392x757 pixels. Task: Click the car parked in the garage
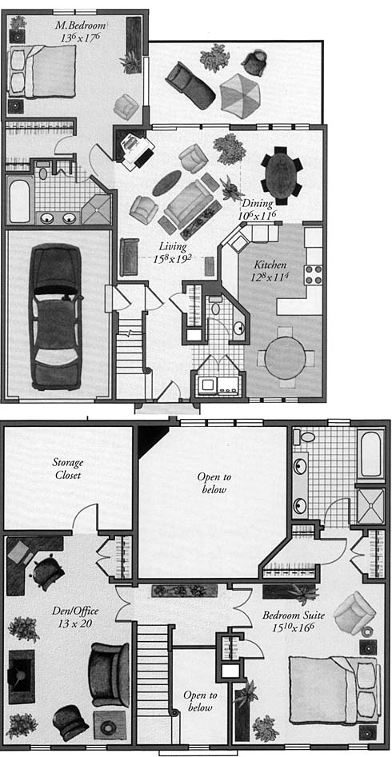point(55,317)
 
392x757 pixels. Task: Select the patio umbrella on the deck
point(240,95)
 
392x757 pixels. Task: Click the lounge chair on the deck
point(190,85)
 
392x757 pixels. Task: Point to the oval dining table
point(280,174)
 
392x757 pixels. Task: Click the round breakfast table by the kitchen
point(286,357)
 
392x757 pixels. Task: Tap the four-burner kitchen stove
point(313,274)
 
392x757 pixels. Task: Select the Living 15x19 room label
point(172,253)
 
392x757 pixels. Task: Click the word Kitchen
point(270,265)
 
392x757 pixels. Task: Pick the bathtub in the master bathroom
point(19,199)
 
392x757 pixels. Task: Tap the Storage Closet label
point(68,468)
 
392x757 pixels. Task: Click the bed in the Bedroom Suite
point(332,689)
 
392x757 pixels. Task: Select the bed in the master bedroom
point(42,71)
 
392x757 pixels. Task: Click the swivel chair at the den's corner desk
point(48,572)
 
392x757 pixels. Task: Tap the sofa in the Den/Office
point(110,674)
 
